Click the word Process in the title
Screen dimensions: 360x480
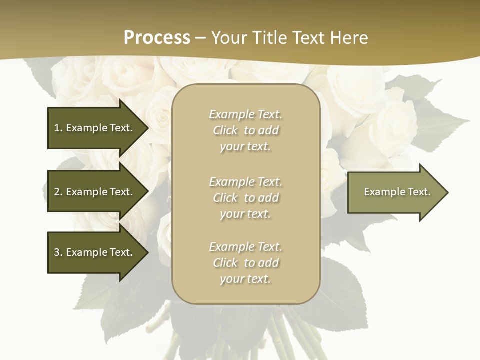(157, 38)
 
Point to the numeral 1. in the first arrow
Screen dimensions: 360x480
(58, 128)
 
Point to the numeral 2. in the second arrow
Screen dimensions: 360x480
(58, 192)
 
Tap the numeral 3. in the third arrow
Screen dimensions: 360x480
(58, 252)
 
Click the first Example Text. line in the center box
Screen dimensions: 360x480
(245, 114)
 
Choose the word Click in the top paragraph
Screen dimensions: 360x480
(225, 130)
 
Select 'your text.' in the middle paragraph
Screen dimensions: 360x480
(245, 214)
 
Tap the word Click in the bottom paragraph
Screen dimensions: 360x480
(225, 263)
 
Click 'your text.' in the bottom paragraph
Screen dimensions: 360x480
(245, 279)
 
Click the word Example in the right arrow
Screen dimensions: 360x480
(381, 192)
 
